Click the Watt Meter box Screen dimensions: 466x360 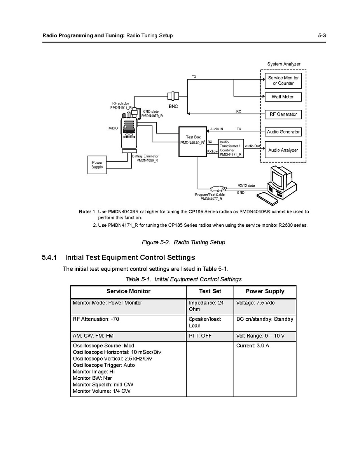tap(283, 96)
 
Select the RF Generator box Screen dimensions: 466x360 tap(283, 114)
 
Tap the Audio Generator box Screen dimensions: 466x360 tap(283, 132)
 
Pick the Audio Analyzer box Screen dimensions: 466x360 tap(283, 150)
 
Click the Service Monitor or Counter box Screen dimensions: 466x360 tap(283, 81)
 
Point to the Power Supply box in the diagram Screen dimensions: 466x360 tap(97, 165)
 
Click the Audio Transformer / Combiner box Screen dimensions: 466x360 tap(231, 149)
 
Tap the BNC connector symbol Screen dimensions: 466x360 tap(173, 96)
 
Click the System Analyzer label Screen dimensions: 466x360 tap(283, 64)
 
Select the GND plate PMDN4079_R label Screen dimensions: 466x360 tap(152, 114)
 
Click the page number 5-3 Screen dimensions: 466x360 tap(322, 35)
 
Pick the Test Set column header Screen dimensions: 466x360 tap(210, 291)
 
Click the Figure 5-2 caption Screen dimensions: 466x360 tap(183, 242)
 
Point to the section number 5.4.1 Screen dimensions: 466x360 tap(49, 258)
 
